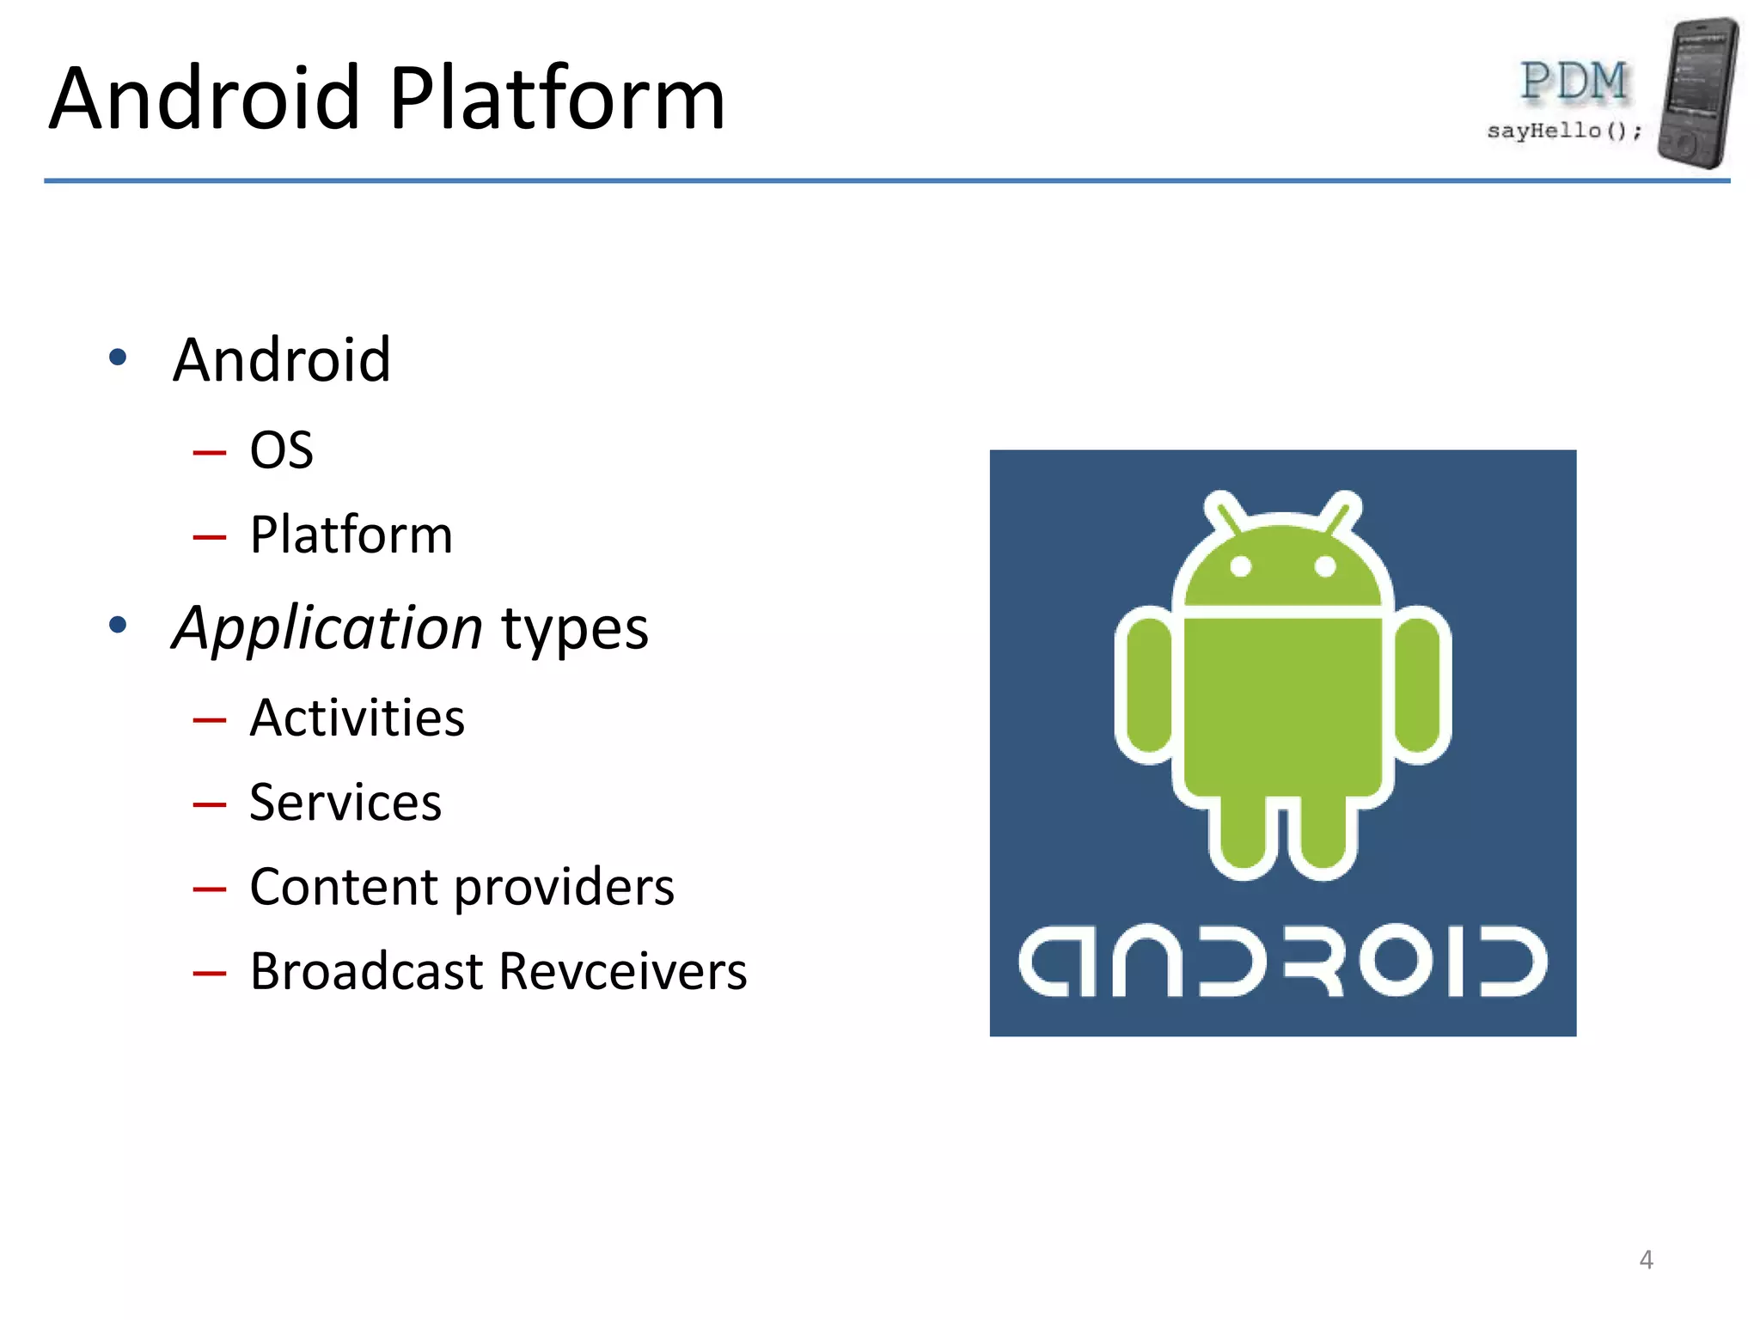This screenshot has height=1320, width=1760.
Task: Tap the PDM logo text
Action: (1574, 82)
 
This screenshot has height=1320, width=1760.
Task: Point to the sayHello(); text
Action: (1564, 131)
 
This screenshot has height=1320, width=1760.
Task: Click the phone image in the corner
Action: (1698, 92)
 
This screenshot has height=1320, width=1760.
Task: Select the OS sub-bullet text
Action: (281, 450)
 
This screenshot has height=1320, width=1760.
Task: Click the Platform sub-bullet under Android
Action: (351, 535)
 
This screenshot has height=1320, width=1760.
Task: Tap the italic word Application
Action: (327, 627)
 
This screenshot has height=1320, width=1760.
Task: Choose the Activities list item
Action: (357, 718)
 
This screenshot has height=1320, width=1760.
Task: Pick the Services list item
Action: (345, 803)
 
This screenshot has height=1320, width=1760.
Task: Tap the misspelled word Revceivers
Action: (622, 972)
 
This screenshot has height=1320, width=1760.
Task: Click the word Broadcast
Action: (367, 972)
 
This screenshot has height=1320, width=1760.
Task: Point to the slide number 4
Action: (1646, 1260)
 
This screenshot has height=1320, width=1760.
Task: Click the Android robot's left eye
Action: (1240, 566)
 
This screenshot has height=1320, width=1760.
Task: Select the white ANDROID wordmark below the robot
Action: (1282, 961)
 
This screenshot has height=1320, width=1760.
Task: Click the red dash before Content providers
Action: (210, 889)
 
